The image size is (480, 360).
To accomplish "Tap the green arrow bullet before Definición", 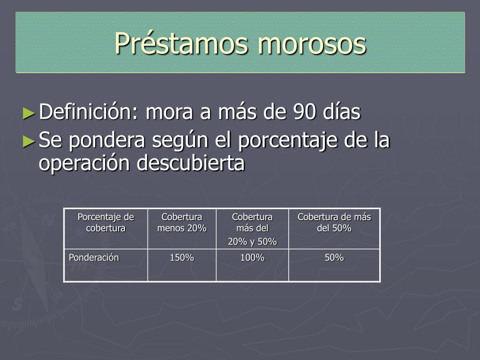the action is [x=29, y=113].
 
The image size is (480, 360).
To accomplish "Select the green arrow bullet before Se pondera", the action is [x=29, y=142].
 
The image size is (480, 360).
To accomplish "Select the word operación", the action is [x=84, y=163].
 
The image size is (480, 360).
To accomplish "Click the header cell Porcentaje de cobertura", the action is [x=106, y=223].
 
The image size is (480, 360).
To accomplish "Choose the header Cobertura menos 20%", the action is [x=182, y=223].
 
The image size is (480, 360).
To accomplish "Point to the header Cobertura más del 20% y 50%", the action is [x=252, y=229].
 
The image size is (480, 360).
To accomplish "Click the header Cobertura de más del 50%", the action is [x=334, y=223].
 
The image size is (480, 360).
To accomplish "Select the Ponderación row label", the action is [x=94, y=257].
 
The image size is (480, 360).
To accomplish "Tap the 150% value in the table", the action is [x=182, y=257].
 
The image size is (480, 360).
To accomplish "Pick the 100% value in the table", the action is [x=252, y=257].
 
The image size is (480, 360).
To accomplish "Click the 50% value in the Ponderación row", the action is [x=334, y=257].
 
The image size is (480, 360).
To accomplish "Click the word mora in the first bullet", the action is [x=170, y=112].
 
